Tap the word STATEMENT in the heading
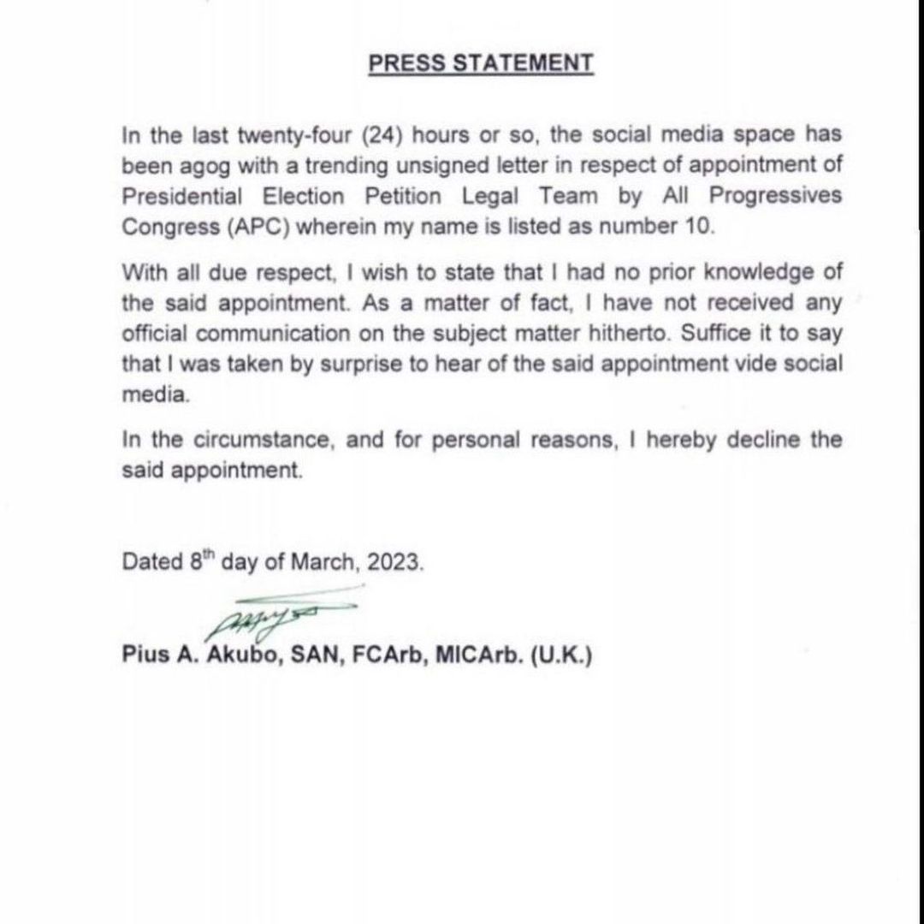pyautogui.click(x=522, y=63)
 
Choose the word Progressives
pyautogui.click(x=775, y=197)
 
